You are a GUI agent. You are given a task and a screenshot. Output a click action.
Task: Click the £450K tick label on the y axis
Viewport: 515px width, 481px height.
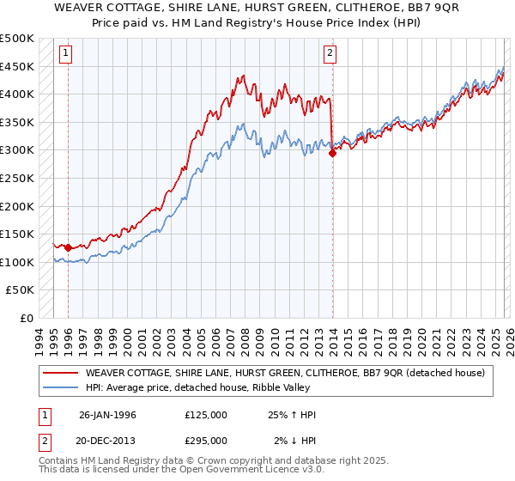pos(17,66)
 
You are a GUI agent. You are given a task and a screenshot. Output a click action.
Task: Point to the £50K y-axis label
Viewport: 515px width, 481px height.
pos(21,290)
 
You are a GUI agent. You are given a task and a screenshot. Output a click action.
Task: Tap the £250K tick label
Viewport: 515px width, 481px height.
pos(17,178)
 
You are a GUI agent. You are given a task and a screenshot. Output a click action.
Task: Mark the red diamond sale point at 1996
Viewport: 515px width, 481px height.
pos(68,247)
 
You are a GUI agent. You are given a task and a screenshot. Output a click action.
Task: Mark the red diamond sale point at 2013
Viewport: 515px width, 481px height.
pos(332,153)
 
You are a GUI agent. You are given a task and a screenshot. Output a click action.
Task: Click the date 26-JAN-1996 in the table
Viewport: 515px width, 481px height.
pos(107,415)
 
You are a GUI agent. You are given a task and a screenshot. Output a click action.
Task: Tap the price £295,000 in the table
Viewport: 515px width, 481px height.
pos(206,441)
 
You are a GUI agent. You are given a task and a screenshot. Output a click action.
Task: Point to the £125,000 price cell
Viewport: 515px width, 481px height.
pos(206,415)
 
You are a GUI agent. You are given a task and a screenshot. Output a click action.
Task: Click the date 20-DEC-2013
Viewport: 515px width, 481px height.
pos(107,441)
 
